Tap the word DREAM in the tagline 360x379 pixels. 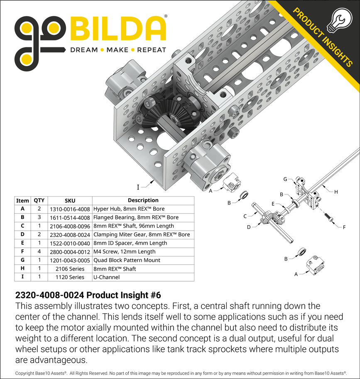click(83, 50)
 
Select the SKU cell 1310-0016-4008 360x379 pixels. click(69, 209)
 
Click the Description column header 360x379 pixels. click(143, 200)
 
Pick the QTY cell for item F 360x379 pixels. click(39, 251)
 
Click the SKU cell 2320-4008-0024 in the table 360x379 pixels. click(69, 234)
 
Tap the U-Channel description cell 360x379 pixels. click(106, 277)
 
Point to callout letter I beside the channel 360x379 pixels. click(138, 186)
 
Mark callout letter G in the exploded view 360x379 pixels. click(285, 179)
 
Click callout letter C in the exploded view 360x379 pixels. click(245, 216)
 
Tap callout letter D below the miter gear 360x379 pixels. click(249, 227)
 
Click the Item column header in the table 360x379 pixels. click(22, 200)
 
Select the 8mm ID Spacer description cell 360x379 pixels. click(130, 243)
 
